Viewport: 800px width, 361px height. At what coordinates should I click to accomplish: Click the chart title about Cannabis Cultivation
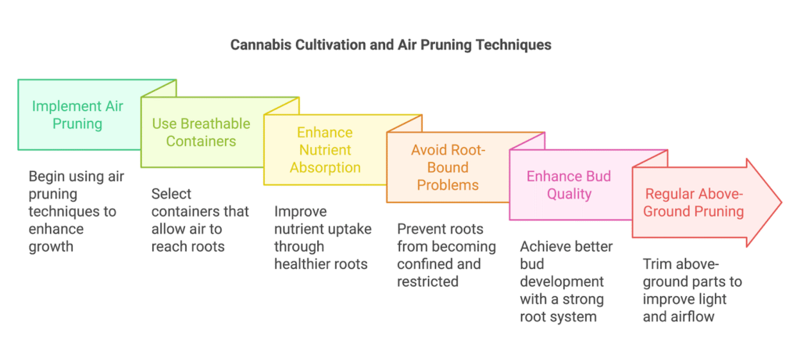[391, 45]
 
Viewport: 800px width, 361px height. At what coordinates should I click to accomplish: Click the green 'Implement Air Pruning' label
[77, 115]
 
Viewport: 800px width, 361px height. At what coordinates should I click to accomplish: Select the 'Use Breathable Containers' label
[201, 132]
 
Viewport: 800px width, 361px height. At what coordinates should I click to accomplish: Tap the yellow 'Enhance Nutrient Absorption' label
[325, 149]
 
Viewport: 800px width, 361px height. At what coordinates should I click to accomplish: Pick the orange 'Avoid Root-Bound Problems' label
[448, 167]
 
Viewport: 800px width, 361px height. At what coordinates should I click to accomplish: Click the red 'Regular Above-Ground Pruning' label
[693, 202]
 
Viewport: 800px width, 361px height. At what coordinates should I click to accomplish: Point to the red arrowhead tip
[781, 202]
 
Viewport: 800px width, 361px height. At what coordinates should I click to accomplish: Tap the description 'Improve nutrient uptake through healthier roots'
[323, 238]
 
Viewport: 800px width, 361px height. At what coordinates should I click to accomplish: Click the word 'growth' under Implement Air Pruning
[52, 247]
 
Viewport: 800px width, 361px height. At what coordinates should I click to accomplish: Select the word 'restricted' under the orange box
[428, 281]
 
